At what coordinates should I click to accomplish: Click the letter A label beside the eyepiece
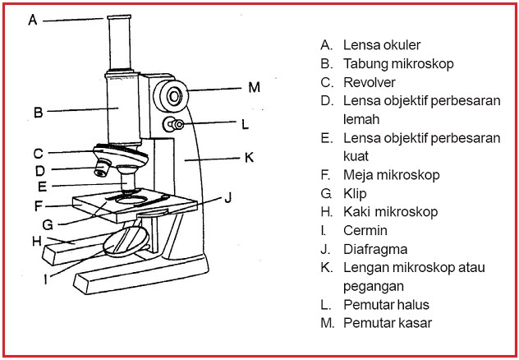coord(33,19)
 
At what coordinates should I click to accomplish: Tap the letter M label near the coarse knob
coord(254,86)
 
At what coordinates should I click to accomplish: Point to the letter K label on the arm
coord(249,155)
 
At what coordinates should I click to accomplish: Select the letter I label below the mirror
coord(46,278)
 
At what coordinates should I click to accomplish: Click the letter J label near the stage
coord(229,196)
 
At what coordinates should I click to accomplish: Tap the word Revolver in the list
coord(370,82)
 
